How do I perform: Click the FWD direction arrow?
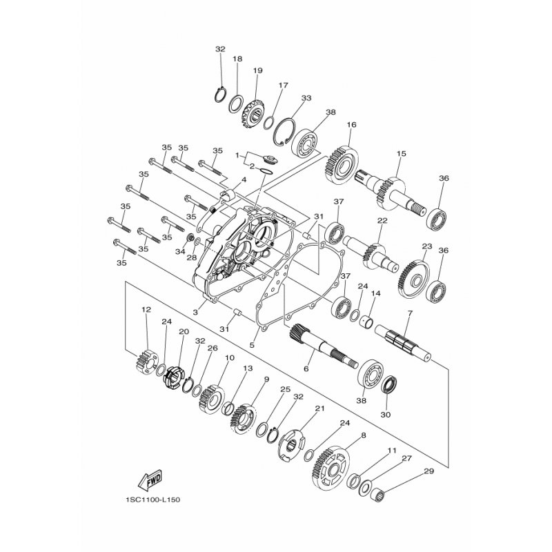150,480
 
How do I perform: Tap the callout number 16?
351,125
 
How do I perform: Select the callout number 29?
429,471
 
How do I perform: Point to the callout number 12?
146,309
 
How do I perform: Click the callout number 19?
257,70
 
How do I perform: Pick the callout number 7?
410,313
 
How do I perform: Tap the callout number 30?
386,415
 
